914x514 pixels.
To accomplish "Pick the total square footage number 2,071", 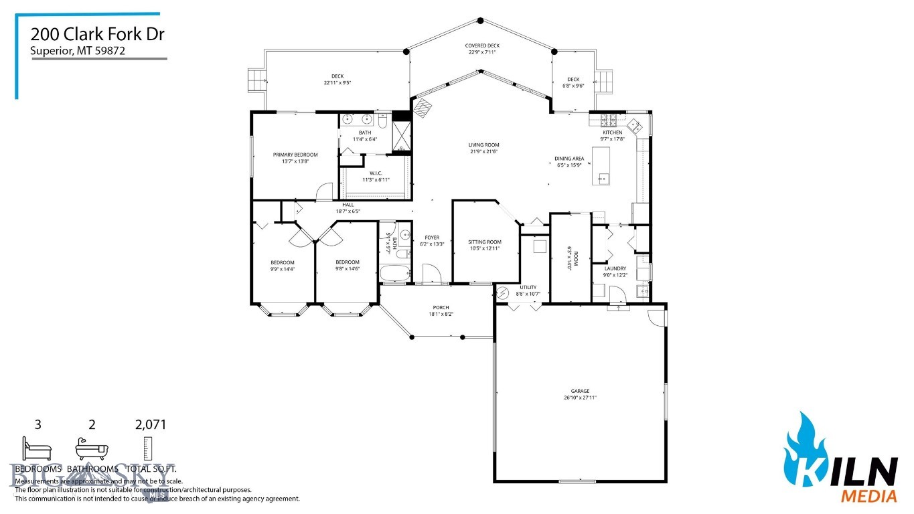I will pyautogui.click(x=150, y=424).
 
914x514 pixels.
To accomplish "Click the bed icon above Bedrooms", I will pyautogui.click(x=36, y=447).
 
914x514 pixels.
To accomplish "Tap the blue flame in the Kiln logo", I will pyautogui.click(x=804, y=445).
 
